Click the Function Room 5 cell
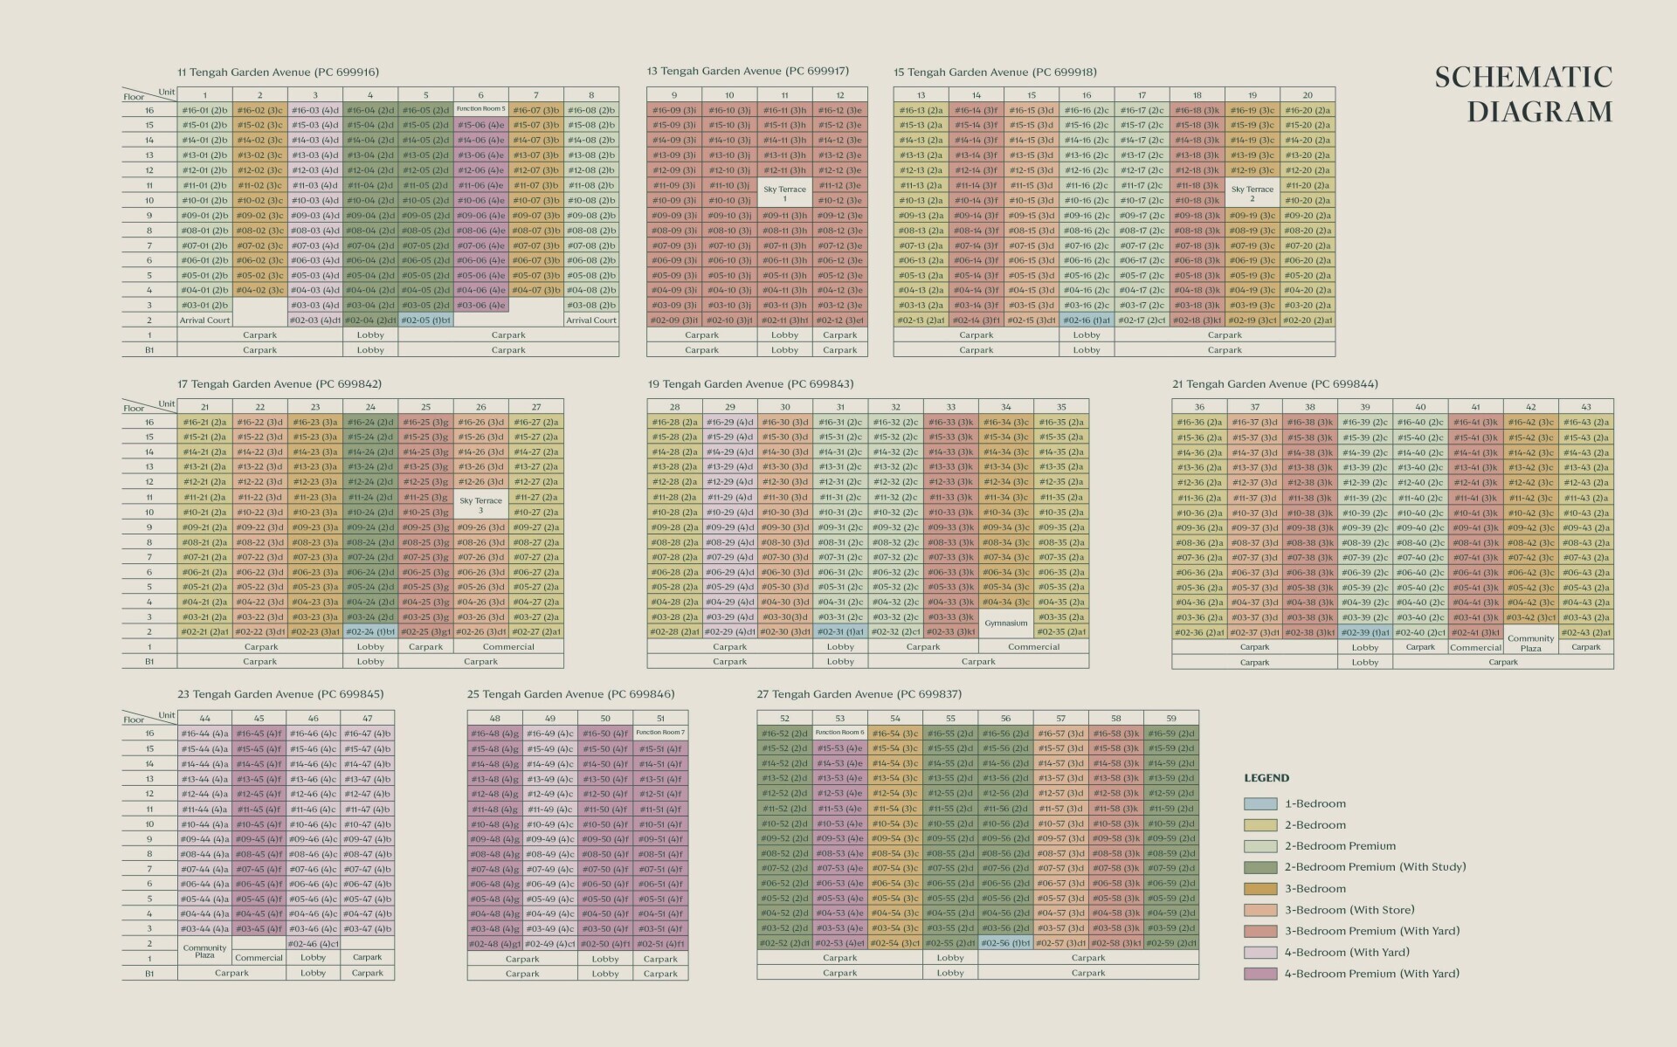(480, 109)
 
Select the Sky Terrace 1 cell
(784, 193)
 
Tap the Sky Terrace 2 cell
(1252, 193)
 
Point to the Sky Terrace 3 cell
(480, 505)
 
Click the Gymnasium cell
(1005, 623)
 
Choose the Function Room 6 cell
(839, 733)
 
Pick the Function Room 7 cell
(660, 733)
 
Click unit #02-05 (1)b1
(425, 320)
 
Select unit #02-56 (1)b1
(1005, 943)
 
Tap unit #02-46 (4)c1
(313, 944)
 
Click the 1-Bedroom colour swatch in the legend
(1260, 803)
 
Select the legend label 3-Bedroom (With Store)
(1349, 910)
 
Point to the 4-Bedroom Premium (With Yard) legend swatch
(1260, 974)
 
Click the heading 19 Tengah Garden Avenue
(750, 383)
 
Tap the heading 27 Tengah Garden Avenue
(859, 694)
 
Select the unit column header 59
(1170, 719)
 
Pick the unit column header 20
(1308, 95)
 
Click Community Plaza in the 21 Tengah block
(1530, 643)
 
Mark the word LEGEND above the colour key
(1266, 778)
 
